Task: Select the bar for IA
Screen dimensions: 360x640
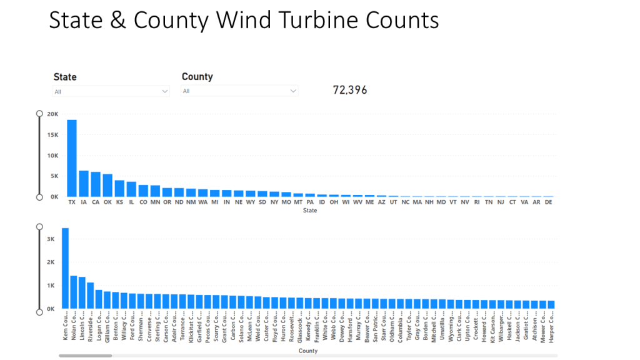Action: point(84,184)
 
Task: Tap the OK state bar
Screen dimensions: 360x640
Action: point(107,186)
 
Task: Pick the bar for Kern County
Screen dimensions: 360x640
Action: point(65,269)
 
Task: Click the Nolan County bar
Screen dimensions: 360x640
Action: point(74,292)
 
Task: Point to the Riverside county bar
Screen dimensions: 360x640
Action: point(91,296)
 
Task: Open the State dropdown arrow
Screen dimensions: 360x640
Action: point(165,91)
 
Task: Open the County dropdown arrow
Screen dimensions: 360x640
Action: point(293,91)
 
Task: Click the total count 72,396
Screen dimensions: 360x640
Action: point(350,91)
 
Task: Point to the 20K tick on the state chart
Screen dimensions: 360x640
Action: point(53,114)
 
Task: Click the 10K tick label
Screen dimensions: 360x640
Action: point(53,156)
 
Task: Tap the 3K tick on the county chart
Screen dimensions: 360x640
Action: point(51,239)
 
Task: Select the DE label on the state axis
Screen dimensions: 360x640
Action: point(549,202)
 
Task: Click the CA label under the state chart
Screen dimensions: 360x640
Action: point(96,202)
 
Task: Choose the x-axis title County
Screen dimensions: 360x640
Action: point(307,351)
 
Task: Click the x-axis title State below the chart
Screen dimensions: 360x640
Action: point(309,211)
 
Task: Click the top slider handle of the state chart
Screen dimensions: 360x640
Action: point(39,114)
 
